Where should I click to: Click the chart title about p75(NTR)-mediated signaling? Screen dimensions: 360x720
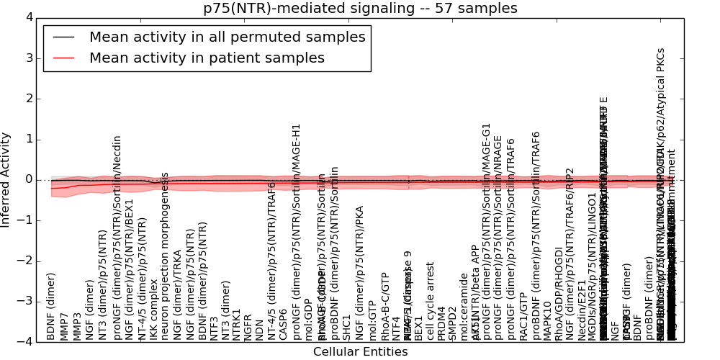tap(360, 8)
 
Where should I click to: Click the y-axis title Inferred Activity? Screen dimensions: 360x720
tap(6, 179)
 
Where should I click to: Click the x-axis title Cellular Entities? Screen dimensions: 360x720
tap(360, 352)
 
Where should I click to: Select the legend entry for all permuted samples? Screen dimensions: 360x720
tap(227, 37)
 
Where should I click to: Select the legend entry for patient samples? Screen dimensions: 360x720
tap(207, 58)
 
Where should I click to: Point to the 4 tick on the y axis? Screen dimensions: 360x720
tap(28, 17)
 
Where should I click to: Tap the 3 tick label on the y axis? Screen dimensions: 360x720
tap(28, 58)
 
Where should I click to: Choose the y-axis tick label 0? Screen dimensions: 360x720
tap(28, 179)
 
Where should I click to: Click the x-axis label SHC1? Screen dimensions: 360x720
tap(346, 327)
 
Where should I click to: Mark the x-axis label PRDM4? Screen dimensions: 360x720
tap(441, 323)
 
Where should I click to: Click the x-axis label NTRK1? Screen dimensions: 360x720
tap(236, 325)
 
